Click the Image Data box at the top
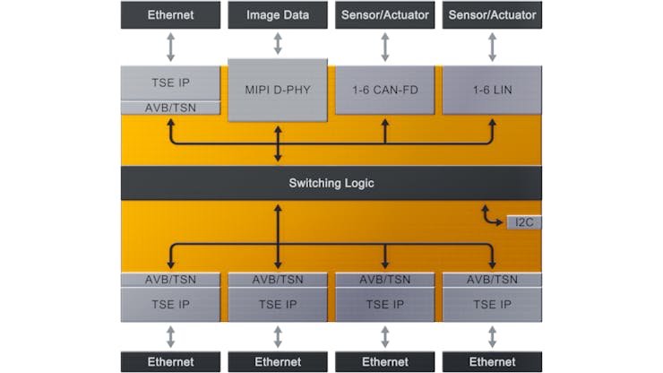pyautogui.click(x=278, y=14)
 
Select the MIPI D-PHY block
pyautogui.click(x=278, y=89)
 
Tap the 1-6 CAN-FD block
pyautogui.click(x=385, y=89)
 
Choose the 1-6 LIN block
pyautogui.click(x=492, y=89)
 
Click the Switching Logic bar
pyautogui.click(x=331, y=183)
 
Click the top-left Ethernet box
pyautogui.click(x=170, y=14)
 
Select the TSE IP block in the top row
pyautogui.click(x=170, y=82)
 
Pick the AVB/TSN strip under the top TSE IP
pyautogui.click(x=170, y=108)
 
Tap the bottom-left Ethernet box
pyautogui.click(x=170, y=361)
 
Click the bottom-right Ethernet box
pyautogui.click(x=492, y=361)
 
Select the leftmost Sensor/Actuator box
pyautogui.click(x=385, y=14)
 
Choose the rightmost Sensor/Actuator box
pyautogui.click(x=492, y=14)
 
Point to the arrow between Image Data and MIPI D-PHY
pyautogui.click(x=278, y=43)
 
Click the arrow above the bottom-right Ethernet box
pyautogui.click(x=492, y=336)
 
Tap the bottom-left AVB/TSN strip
pyautogui.click(x=170, y=279)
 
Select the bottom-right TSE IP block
pyautogui.click(x=492, y=304)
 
